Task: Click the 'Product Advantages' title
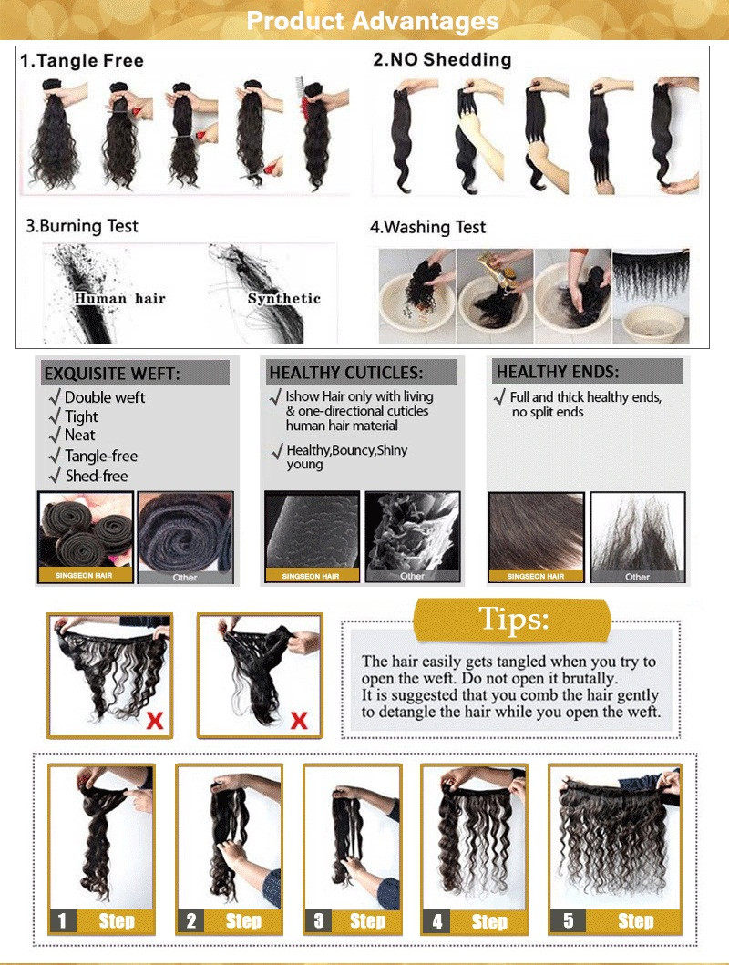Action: [x=373, y=20]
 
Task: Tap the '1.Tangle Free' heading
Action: [x=82, y=61]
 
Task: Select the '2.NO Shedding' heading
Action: [x=442, y=60]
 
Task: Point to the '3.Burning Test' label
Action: [x=82, y=225]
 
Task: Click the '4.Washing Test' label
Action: [x=428, y=227]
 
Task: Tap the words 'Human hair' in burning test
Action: [x=119, y=298]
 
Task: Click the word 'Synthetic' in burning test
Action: [x=284, y=298]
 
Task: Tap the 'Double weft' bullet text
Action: [x=104, y=397]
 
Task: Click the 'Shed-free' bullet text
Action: [x=96, y=476]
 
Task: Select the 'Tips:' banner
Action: [x=514, y=621]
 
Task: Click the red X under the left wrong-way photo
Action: [x=155, y=721]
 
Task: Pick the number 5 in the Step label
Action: [x=569, y=920]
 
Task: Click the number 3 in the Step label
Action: [x=318, y=920]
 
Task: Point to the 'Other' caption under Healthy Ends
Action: [x=637, y=576]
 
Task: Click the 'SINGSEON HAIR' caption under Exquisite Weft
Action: [x=86, y=576]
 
